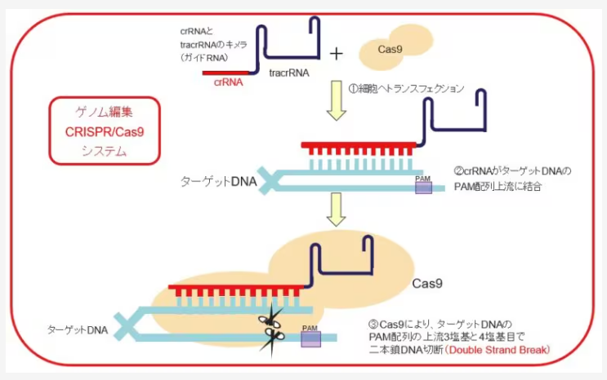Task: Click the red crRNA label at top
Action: [227, 82]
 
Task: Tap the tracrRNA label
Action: [290, 73]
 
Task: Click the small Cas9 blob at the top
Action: [391, 50]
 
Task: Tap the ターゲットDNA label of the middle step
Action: [217, 180]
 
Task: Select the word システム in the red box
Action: [105, 150]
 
